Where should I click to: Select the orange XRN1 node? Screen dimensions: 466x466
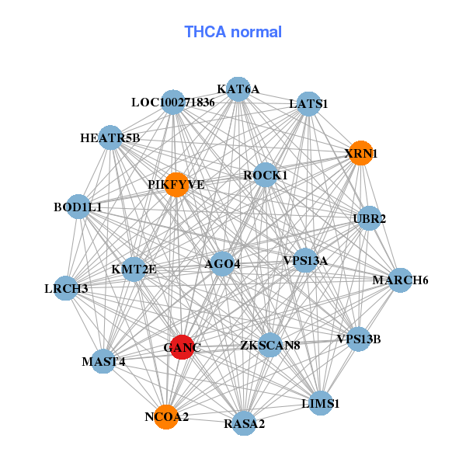coord(360,153)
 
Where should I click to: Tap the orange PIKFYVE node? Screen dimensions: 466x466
coord(177,184)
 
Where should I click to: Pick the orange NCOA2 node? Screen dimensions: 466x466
coord(165,417)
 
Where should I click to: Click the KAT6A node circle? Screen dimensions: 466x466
coord(239,89)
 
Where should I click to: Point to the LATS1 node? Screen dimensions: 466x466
coord(309,104)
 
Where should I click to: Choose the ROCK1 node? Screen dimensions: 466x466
coord(265,176)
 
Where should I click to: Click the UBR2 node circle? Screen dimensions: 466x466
coord(368,219)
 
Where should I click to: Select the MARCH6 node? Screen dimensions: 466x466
coord(399,280)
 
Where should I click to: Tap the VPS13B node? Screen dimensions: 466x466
coord(358,339)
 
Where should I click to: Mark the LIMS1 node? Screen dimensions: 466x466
coord(322,404)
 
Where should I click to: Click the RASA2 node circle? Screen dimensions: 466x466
coord(245,423)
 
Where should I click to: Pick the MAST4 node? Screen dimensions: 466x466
coord(103,361)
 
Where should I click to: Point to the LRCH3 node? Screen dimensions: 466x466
coord(67,289)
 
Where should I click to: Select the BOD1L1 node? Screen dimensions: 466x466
coord(78,207)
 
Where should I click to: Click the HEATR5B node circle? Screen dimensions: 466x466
coord(110,138)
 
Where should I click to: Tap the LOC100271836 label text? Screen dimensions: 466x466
coord(173,103)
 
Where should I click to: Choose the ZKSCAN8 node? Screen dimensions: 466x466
coord(270,344)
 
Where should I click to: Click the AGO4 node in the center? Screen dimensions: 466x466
coord(223,264)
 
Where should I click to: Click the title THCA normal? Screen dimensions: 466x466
coord(233,32)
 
